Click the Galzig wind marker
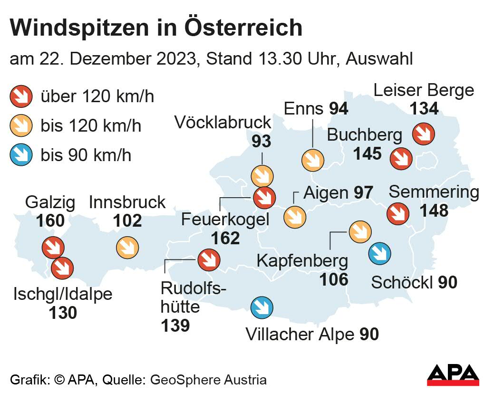coord(52,248)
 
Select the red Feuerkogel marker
coord(264,198)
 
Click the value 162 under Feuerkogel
coord(225,238)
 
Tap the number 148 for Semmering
coord(434,210)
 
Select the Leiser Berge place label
coord(424,90)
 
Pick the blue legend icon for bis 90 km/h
coord(21,155)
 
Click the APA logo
coord(452,375)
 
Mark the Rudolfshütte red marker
coord(209,259)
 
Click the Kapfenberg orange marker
coord(359,231)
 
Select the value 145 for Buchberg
coord(367,153)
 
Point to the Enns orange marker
coord(312,160)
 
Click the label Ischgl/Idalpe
coord(63,294)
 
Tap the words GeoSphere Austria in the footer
coord(208,380)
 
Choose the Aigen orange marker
coord(295,217)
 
